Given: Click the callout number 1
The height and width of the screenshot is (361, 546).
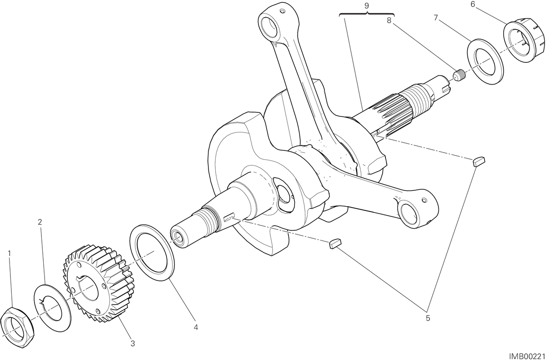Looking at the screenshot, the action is point(10,254).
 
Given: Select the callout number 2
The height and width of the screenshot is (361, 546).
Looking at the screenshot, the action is point(40,222).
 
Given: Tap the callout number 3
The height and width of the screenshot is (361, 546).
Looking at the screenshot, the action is point(132,344).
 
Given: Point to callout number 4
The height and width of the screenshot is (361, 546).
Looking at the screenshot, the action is point(196,327).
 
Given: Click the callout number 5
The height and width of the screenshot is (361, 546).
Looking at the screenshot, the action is point(428,318).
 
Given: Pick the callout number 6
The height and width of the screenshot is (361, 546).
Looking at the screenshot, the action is point(473,5).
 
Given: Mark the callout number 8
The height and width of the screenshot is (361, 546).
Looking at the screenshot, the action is point(389,20).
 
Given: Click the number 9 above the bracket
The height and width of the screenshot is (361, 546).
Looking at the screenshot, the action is point(367,6).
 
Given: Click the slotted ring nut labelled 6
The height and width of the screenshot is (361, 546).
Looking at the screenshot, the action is point(524,43).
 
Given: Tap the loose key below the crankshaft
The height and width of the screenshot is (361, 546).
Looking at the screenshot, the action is point(336,244).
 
